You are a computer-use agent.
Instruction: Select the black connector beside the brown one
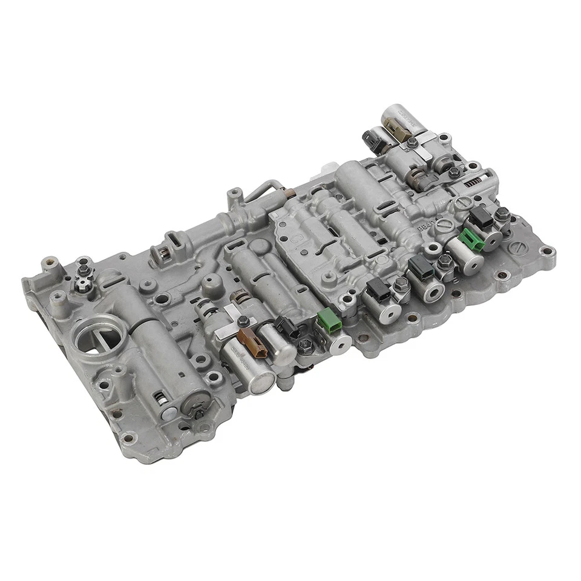[284, 327]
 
